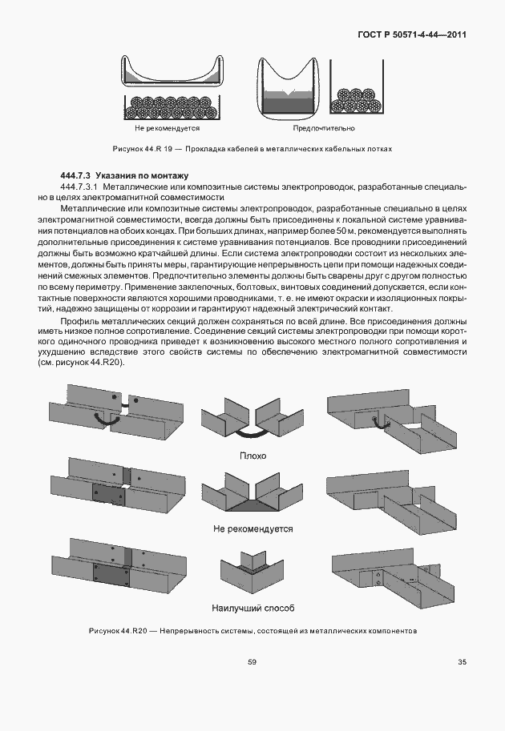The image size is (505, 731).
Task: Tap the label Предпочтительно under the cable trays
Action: [x=324, y=128]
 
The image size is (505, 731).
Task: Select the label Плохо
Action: [x=253, y=456]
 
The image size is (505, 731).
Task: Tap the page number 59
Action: [x=252, y=661]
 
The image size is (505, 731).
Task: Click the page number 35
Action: [x=462, y=661]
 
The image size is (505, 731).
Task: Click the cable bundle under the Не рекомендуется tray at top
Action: [x=170, y=106]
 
